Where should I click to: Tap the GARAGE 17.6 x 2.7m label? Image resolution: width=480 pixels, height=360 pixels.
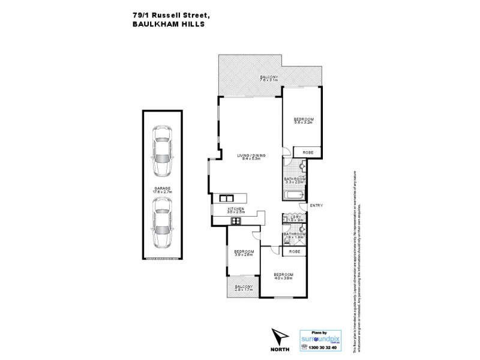pyautogui.click(x=162, y=190)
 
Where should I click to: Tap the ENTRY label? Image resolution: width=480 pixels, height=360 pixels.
pyautogui.click(x=316, y=206)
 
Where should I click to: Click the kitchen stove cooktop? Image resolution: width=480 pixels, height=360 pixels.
pyautogui.click(x=236, y=221)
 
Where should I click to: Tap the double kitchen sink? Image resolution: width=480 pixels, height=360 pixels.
pyautogui.click(x=226, y=197)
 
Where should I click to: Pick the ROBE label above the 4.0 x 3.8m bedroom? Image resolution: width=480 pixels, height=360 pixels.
pyautogui.click(x=295, y=252)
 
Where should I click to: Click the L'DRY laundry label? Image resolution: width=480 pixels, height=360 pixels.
pyautogui.click(x=295, y=218)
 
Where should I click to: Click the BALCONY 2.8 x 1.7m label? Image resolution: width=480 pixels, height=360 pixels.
pyautogui.click(x=243, y=288)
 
